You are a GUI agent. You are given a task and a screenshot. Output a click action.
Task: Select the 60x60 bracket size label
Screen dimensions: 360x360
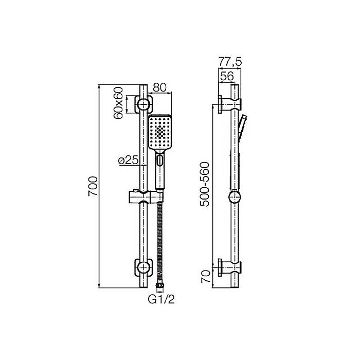pyautogui.click(x=119, y=103)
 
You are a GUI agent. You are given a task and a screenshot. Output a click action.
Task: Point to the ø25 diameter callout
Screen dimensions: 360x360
pyautogui.click(x=127, y=160)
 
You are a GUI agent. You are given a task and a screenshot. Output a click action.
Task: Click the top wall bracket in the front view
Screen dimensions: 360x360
pyautogui.click(x=144, y=104)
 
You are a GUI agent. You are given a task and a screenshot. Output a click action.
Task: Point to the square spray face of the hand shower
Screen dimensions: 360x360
pyautogui.click(x=160, y=132)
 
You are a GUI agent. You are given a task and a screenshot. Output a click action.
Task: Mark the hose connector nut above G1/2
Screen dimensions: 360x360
pyautogui.click(x=159, y=284)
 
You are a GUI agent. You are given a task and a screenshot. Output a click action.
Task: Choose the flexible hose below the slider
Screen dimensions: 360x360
pyautogui.click(x=159, y=242)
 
